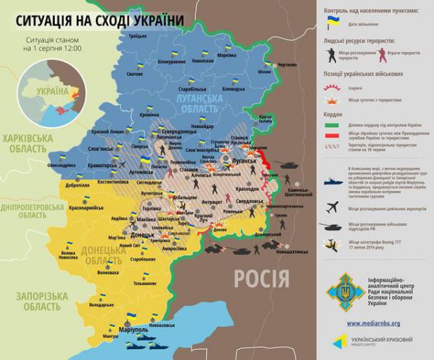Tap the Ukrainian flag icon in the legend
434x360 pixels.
click(332, 25)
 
